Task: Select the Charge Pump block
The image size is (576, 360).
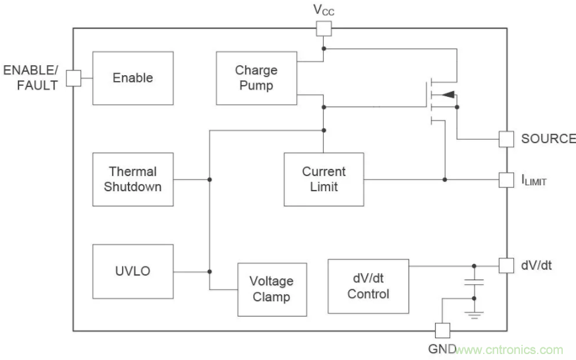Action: coord(256,78)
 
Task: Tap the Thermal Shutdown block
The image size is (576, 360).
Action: coord(133,179)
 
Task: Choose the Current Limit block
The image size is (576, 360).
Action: coord(324,179)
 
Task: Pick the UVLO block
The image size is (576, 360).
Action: coord(133,271)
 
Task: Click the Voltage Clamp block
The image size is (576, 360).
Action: coord(271,289)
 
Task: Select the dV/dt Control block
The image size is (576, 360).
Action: coord(368,286)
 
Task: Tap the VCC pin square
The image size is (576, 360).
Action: coord(324,28)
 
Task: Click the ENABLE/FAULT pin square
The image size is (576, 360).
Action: coord(73,78)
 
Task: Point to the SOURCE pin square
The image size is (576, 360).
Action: coord(506,139)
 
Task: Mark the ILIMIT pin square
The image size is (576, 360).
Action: coord(506,179)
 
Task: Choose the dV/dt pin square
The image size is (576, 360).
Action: coord(506,265)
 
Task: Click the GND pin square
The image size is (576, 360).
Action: coord(442,330)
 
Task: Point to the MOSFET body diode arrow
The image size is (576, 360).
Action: coord(447,95)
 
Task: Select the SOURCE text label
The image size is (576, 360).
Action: coord(548,139)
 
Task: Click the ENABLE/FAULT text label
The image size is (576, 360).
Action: coord(31,77)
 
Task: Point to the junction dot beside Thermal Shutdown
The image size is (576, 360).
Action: coord(210,179)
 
